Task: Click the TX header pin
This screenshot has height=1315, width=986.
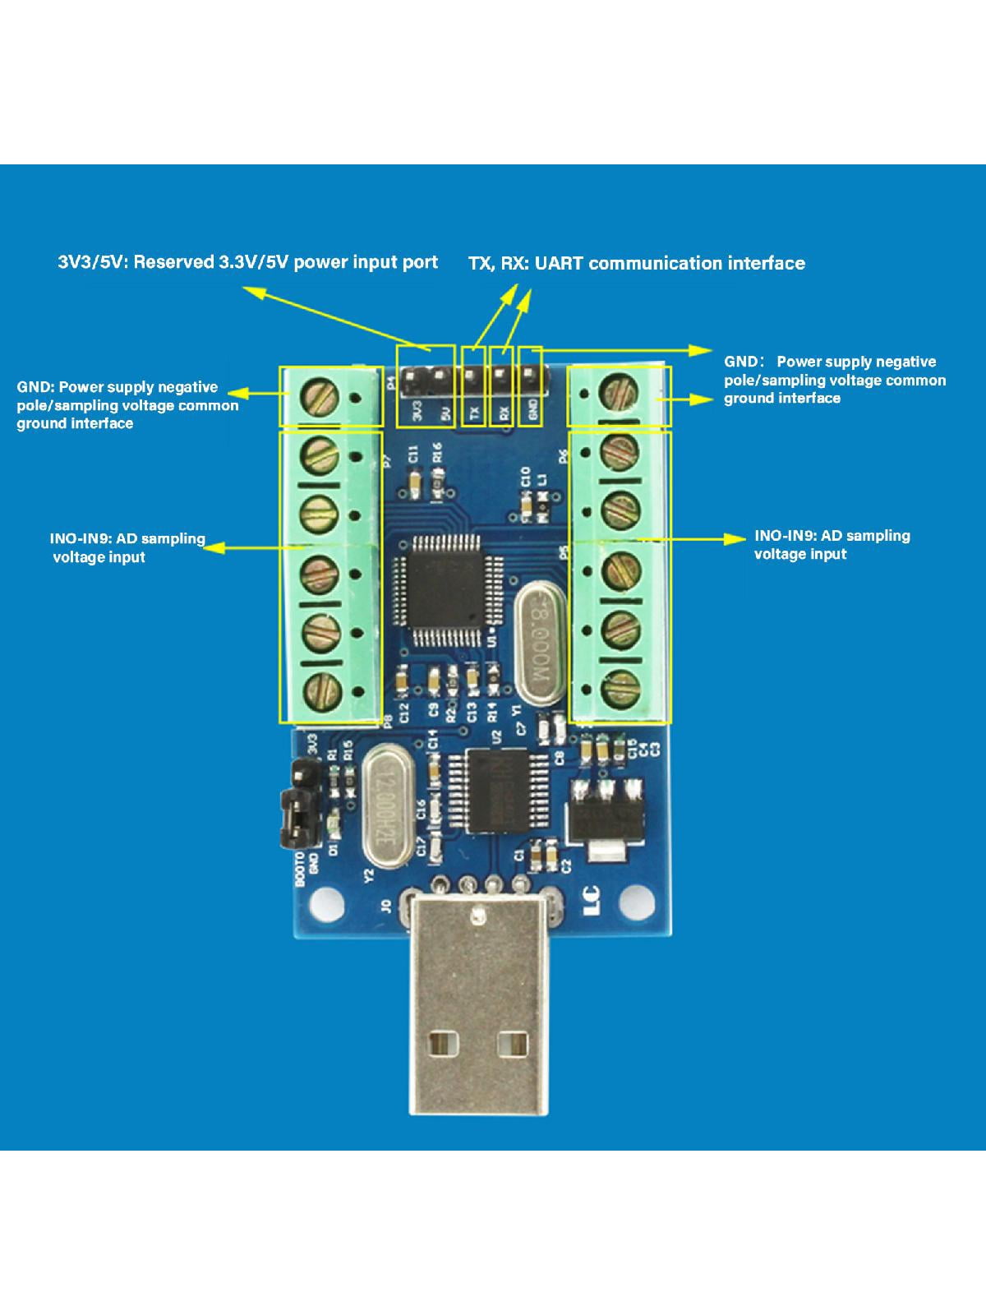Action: coord(472,377)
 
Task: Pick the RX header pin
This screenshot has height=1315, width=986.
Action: coord(500,377)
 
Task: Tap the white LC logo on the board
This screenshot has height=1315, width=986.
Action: coord(591,902)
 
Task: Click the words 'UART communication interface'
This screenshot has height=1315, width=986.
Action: coord(697,264)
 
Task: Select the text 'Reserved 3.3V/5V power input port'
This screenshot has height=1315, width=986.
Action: coord(327,262)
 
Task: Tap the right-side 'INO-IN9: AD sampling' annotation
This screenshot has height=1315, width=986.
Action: coord(832,536)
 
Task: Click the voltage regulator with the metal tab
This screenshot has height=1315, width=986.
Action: coord(606,819)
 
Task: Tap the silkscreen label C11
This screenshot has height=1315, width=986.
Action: coord(414,454)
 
